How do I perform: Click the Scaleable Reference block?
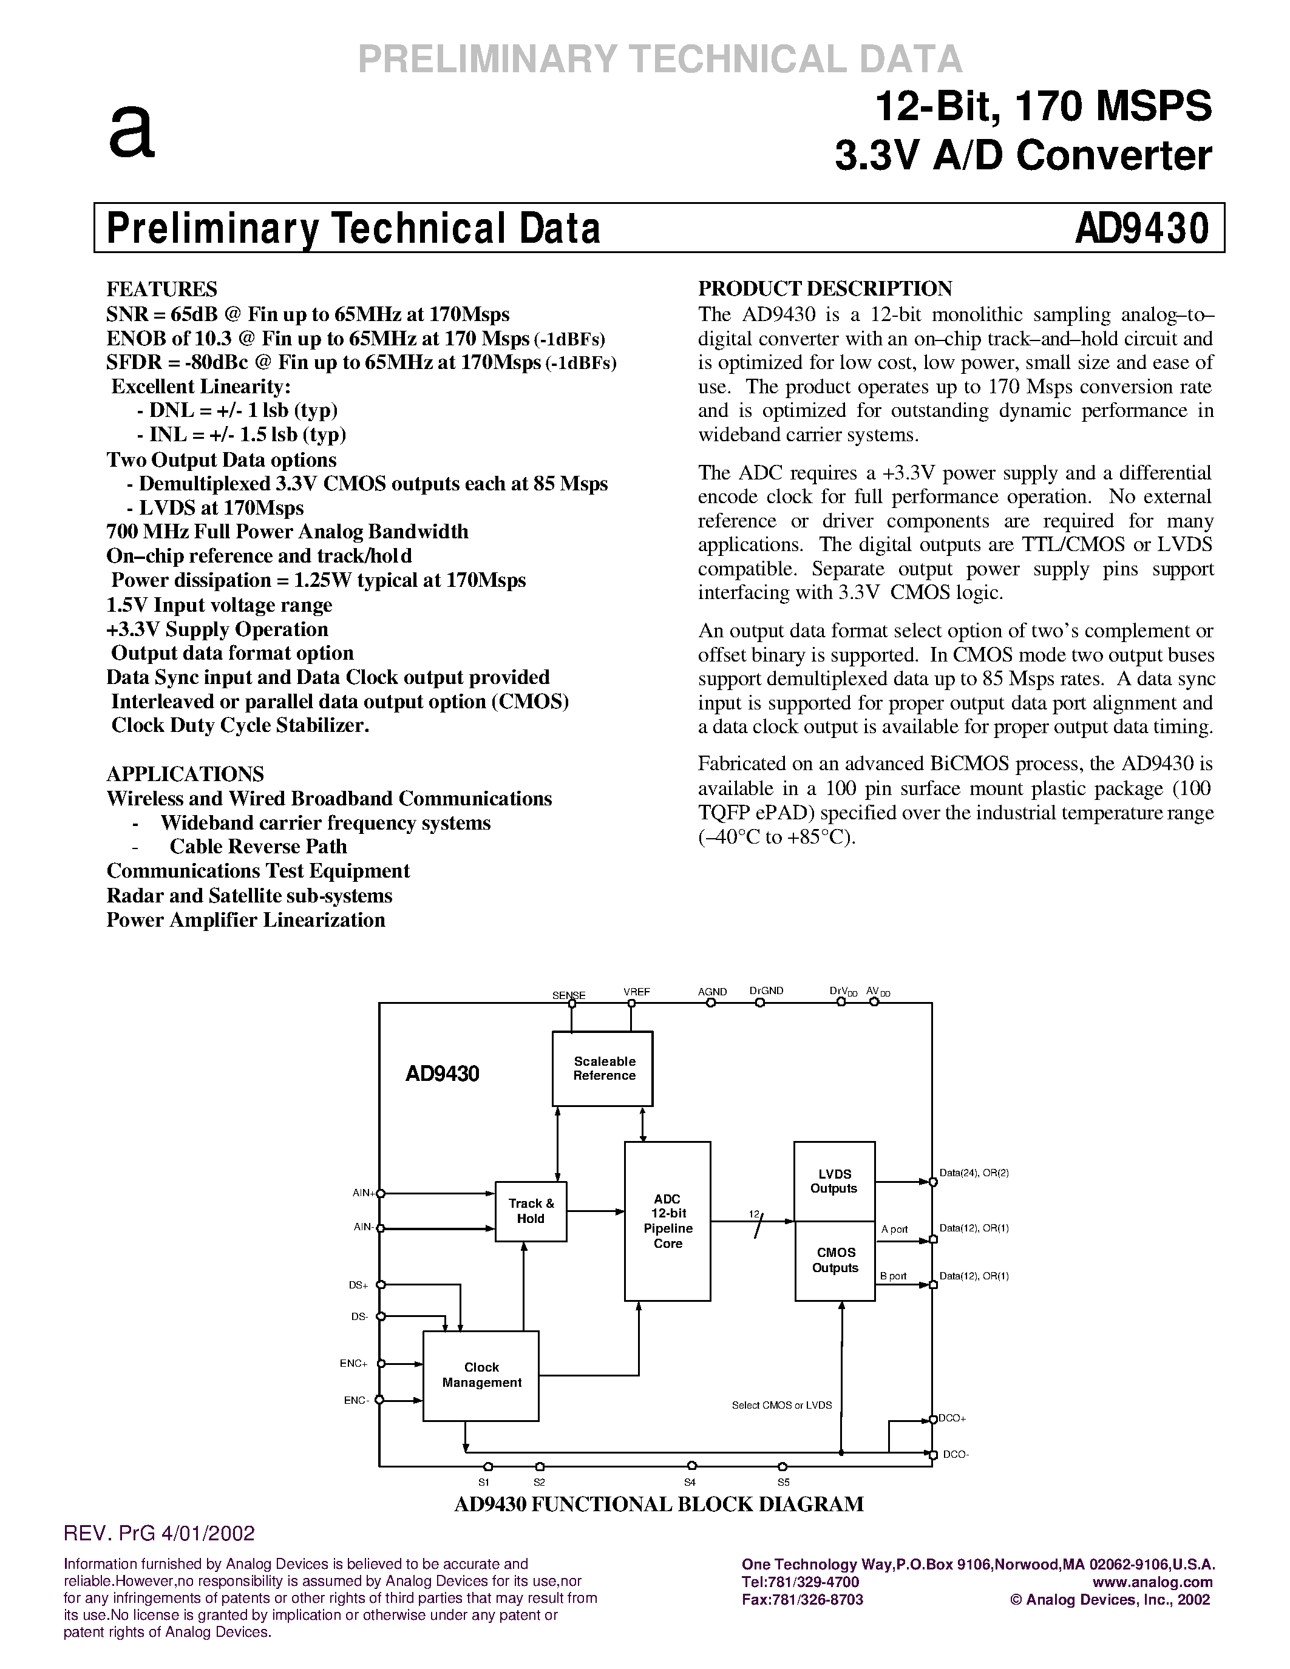coord(602,1068)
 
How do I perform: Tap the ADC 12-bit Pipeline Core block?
coord(667,1221)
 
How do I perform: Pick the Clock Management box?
coord(481,1375)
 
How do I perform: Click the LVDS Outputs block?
coord(833,1180)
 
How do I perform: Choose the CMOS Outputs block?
coord(835,1261)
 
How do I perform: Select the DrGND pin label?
coord(767,991)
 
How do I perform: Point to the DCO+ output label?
coord(952,1418)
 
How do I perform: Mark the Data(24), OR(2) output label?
coord(974,1173)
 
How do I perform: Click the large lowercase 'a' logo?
coord(132,132)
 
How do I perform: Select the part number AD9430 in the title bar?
coord(1142,228)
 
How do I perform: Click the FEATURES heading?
coord(161,289)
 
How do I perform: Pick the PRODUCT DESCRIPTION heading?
coord(826,289)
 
